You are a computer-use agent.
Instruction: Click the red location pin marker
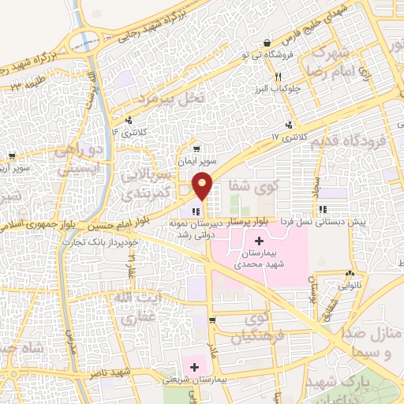[x=203, y=186]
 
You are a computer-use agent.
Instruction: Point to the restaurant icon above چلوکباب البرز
[x=278, y=77]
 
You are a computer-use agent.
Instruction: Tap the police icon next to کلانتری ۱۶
[x=127, y=122]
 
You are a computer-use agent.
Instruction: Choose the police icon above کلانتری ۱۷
[x=290, y=125]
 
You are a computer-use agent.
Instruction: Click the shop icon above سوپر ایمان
[x=196, y=148]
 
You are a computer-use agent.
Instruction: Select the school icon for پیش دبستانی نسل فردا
[x=323, y=210]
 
